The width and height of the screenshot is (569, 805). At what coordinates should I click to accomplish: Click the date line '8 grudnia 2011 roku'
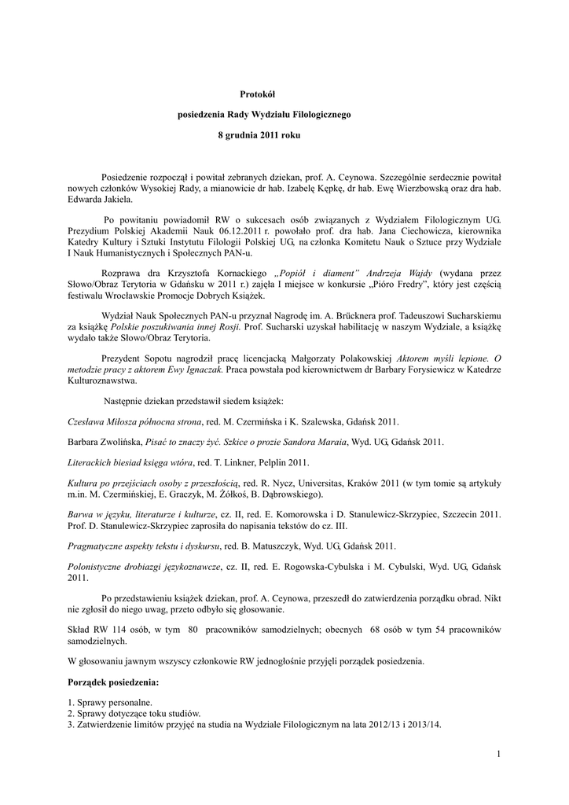[259, 135]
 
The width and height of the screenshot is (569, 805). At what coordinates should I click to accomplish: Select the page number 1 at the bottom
[498, 755]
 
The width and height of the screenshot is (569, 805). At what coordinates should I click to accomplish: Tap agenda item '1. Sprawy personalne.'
[111, 702]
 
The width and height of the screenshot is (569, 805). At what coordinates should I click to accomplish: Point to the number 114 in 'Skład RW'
[119, 630]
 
